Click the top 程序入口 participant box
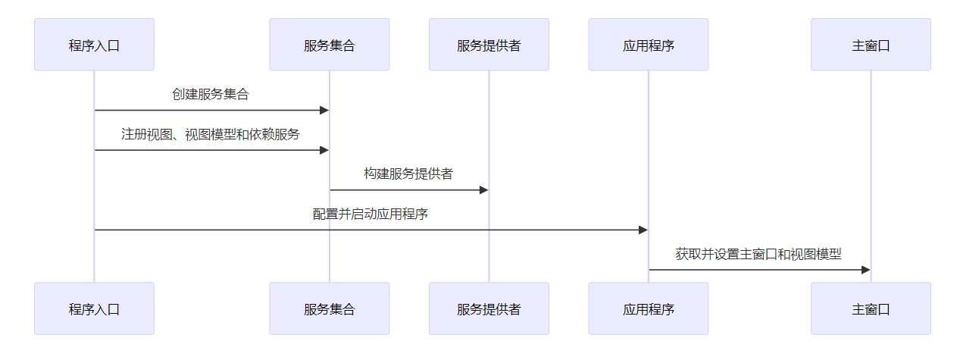click(x=94, y=45)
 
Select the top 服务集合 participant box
click(x=329, y=45)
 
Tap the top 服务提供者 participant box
click(x=489, y=45)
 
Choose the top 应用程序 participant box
click(x=648, y=45)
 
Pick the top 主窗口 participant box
click(x=871, y=45)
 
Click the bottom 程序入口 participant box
click(x=94, y=308)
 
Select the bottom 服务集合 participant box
click(x=329, y=308)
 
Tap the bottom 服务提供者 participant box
click(x=489, y=308)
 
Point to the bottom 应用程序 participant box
click(x=648, y=308)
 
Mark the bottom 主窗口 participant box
click(x=871, y=308)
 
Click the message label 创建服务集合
click(x=211, y=95)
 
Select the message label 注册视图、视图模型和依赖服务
click(x=211, y=134)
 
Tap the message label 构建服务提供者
click(x=408, y=174)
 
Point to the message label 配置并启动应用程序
click(x=371, y=214)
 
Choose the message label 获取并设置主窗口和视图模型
click(x=758, y=254)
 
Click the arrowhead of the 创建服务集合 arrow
click(x=324, y=110)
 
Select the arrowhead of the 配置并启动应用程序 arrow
click(x=643, y=230)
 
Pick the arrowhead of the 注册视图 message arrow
click(x=324, y=150)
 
